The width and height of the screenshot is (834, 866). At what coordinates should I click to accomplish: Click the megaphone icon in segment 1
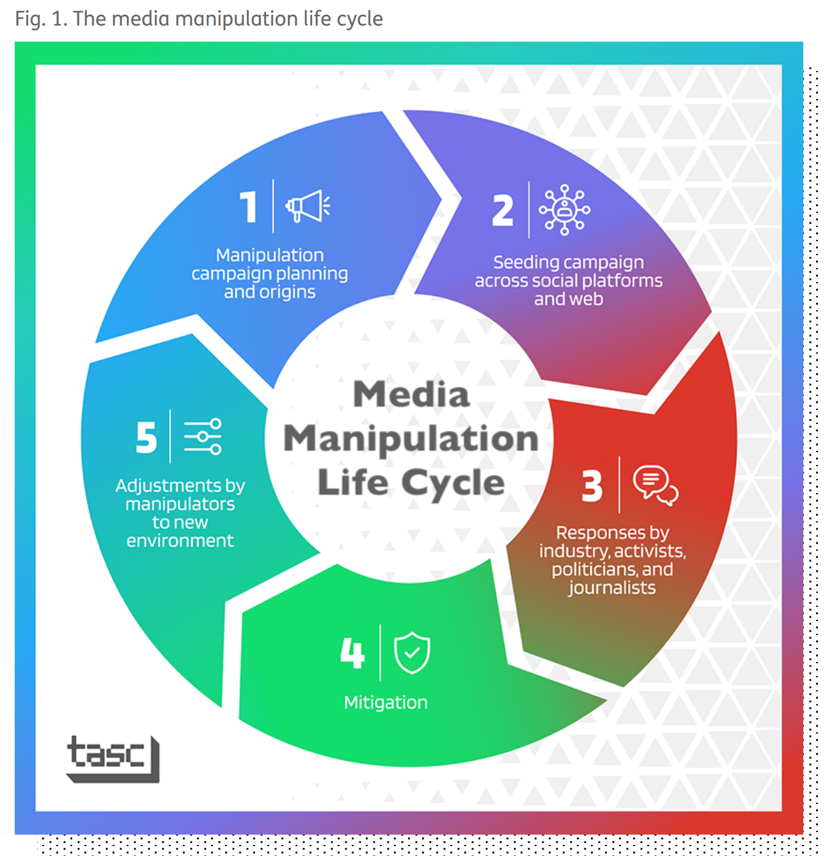[308, 206]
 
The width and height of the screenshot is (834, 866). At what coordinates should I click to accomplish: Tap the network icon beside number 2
[564, 210]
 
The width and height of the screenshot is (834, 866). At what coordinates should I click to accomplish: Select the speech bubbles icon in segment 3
[655, 485]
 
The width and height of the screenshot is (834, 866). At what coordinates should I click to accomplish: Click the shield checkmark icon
[412, 652]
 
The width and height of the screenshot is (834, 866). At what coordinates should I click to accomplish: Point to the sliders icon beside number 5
[203, 437]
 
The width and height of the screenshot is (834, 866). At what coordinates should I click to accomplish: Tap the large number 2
[503, 210]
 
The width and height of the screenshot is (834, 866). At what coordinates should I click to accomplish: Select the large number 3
[592, 486]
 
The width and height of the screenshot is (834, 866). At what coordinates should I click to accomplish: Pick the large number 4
[352, 653]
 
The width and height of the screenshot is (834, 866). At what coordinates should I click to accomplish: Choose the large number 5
[146, 437]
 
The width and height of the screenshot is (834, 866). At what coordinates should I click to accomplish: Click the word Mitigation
[386, 702]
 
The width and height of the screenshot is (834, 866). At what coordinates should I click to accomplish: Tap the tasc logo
[113, 758]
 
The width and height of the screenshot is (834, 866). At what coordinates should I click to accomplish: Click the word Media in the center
[411, 394]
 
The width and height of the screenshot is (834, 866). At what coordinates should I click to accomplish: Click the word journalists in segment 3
[612, 588]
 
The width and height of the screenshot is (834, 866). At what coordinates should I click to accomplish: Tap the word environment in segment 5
[180, 541]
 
